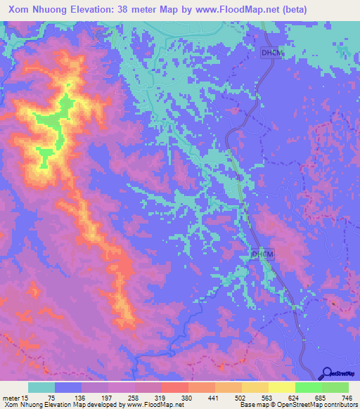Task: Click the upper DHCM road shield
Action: (x=271, y=53)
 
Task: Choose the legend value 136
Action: (x=96, y=397)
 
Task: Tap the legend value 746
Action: (x=345, y=397)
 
